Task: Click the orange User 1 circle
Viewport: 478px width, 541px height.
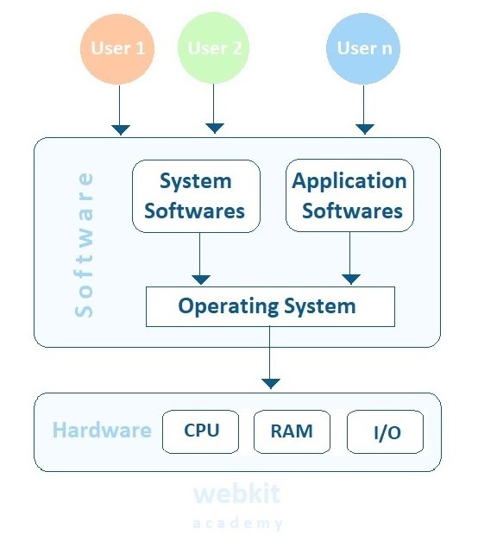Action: point(117,48)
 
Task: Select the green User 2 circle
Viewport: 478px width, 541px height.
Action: point(215,48)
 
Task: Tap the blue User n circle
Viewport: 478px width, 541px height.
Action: point(363,48)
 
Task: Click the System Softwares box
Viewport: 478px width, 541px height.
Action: point(196,196)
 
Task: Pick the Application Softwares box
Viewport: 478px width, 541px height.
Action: point(349,196)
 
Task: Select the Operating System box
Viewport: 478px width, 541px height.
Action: point(270,306)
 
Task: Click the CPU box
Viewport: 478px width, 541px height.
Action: point(202,431)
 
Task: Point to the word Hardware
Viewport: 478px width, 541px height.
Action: point(102,431)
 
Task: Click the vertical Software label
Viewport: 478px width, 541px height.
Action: point(85,245)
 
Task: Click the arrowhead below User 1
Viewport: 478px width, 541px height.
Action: point(121,129)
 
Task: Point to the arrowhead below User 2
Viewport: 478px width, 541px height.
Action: point(215,129)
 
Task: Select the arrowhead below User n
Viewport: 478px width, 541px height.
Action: point(363,129)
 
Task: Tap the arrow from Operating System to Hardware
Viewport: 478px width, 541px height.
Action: point(271,358)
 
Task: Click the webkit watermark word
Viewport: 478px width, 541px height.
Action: point(236,494)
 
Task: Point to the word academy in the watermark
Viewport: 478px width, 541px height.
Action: point(237,524)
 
